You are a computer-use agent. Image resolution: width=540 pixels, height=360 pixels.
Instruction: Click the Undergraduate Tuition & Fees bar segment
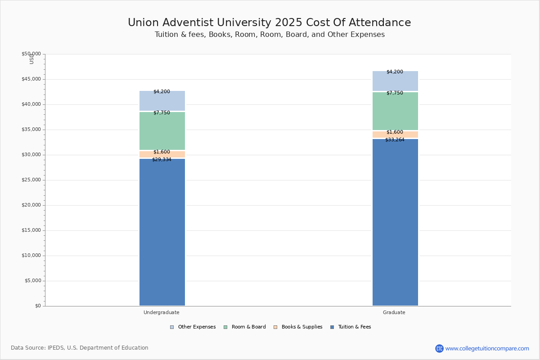point(162,232)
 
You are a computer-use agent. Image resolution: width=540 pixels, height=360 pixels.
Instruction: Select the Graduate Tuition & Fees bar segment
point(395,222)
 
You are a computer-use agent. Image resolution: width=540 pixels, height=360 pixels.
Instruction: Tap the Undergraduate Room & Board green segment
point(162,130)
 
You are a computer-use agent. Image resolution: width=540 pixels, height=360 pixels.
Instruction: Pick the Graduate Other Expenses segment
point(395,81)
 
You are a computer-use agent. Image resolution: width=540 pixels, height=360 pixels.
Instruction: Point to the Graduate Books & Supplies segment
point(395,134)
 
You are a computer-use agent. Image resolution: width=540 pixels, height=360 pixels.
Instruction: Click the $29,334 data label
point(162,159)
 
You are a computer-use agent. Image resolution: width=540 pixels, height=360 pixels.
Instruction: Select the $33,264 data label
point(395,139)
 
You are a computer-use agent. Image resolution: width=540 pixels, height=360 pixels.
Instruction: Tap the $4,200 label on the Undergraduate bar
point(162,91)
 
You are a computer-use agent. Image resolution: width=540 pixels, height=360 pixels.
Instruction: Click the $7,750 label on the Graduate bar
point(395,93)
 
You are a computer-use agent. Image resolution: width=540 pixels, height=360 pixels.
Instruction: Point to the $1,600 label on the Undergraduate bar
point(162,152)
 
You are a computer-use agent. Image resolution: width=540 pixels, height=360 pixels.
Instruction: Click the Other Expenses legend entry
point(193,327)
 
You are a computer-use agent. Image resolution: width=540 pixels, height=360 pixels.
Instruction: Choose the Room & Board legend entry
point(245,327)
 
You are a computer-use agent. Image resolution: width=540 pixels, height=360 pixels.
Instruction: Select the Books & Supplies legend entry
point(298,327)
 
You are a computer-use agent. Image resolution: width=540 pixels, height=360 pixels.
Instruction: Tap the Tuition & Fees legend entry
point(351,327)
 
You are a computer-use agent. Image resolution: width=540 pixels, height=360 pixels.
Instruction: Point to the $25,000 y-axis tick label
point(31,180)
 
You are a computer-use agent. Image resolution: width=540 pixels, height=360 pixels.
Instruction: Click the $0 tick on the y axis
point(38,306)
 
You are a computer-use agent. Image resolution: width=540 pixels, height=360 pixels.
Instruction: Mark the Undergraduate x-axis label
point(161,312)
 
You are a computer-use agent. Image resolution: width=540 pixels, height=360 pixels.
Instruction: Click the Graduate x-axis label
point(394,312)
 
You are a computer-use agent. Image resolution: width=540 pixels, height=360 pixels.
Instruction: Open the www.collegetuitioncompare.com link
point(487,348)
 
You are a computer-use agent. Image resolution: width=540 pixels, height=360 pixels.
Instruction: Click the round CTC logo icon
point(439,348)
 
